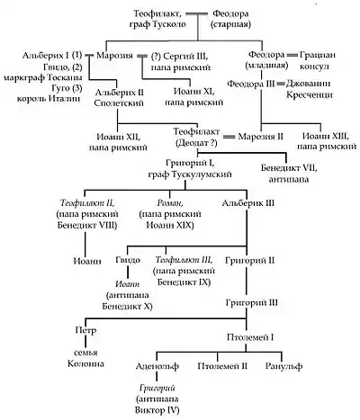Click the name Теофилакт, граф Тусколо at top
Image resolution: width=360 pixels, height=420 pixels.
click(157, 19)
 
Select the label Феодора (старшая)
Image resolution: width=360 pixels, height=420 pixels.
click(230, 19)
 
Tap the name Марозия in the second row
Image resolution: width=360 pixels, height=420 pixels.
click(115, 56)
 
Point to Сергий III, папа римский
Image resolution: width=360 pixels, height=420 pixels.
click(180, 61)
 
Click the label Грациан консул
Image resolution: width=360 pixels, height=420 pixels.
click(313, 60)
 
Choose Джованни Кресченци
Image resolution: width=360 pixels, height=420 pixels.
click(309, 89)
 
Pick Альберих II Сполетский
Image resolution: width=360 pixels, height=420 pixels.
click(119, 98)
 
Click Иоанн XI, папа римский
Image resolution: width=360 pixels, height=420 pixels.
click(194, 97)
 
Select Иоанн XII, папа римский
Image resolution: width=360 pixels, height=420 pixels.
click(118, 142)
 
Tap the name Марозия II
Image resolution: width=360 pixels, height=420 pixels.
click(260, 137)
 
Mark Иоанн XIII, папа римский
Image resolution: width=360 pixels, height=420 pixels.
click(327, 141)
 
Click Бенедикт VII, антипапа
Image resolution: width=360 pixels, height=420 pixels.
click(289, 174)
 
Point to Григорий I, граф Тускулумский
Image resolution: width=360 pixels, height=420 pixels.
click(190, 168)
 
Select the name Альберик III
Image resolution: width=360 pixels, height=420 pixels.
click(247, 203)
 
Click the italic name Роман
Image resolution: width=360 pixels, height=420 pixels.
click(170, 203)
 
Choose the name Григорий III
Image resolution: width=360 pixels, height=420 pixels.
click(251, 302)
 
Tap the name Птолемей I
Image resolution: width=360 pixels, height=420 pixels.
click(250, 337)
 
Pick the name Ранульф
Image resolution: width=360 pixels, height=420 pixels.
click(283, 366)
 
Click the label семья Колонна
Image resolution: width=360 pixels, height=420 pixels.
click(85, 358)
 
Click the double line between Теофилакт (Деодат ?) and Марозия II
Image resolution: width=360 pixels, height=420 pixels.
click(229, 137)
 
